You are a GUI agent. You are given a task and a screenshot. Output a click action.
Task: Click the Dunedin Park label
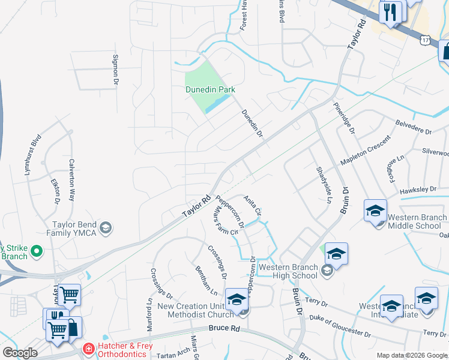(209, 89)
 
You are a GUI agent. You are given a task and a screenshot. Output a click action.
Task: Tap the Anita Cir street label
(253, 205)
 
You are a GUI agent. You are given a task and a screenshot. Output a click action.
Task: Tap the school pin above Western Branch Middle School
(375, 211)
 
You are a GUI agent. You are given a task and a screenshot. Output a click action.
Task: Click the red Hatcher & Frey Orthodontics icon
(88, 348)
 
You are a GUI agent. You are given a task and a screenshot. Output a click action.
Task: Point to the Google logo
(19, 353)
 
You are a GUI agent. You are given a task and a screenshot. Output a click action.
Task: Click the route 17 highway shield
(426, 39)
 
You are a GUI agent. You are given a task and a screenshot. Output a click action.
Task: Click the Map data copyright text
(411, 355)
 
